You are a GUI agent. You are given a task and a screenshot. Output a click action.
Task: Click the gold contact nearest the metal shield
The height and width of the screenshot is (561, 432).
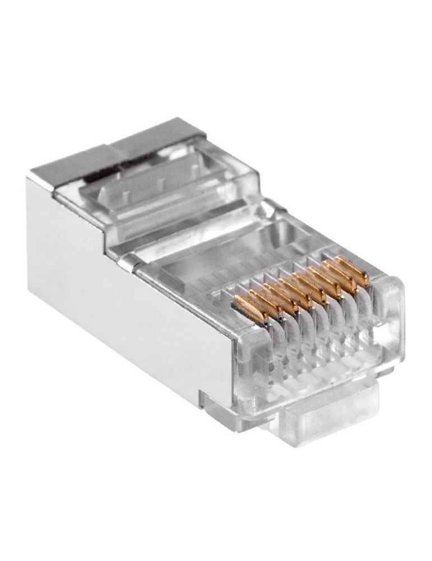(x=250, y=308)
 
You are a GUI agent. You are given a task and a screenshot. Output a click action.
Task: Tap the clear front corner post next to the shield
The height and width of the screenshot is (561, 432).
(x=247, y=365)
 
